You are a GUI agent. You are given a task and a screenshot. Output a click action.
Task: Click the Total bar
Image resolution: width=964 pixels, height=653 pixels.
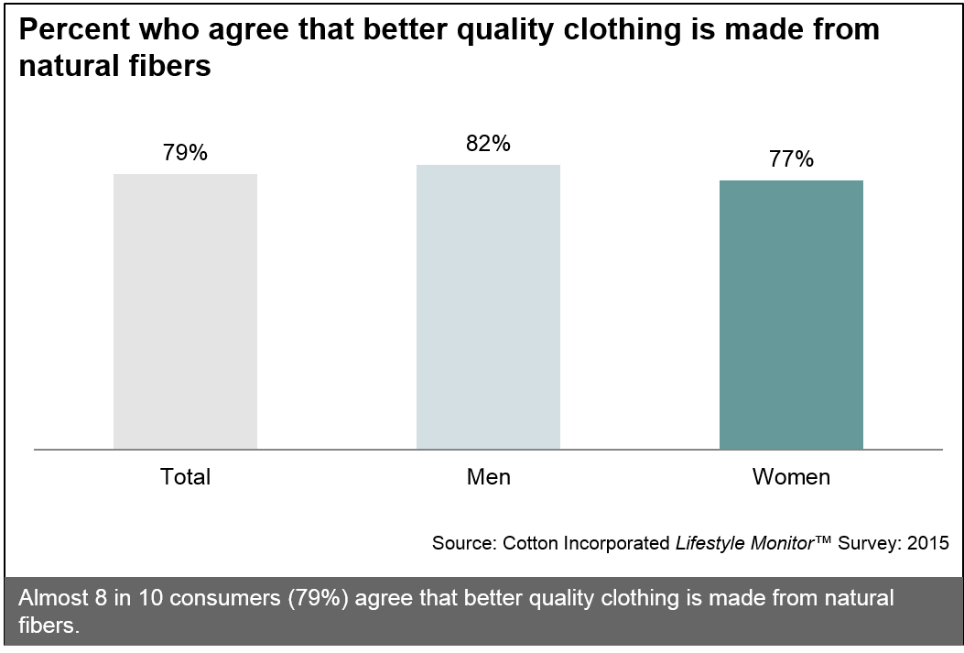(185, 311)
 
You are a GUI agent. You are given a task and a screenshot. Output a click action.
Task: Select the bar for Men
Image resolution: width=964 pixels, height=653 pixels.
(488, 307)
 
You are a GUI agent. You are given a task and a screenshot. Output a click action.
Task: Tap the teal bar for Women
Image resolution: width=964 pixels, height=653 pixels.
(791, 314)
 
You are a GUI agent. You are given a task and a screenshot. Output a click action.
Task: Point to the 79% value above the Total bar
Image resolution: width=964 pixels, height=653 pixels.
(185, 152)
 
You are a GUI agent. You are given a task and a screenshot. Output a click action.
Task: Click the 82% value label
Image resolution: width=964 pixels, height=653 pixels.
(488, 144)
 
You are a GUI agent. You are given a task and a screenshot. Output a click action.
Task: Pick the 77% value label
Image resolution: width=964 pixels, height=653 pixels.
(792, 159)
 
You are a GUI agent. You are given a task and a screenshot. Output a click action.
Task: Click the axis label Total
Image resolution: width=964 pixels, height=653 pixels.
(186, 477)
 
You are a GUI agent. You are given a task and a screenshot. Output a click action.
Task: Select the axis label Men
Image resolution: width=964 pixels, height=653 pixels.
(488, 477)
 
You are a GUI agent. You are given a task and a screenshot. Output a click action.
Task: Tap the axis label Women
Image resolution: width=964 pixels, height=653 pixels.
(791, 477)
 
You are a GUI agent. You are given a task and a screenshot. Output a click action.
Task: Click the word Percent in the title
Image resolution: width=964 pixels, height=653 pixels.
(75, 31)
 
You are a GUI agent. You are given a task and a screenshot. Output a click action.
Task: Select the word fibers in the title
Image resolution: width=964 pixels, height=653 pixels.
(171, 67)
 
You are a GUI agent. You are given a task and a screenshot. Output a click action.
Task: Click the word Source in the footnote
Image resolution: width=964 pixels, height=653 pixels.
(463, 543)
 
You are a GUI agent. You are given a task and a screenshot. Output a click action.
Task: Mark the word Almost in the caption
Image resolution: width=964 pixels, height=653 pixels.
(50, 599)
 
